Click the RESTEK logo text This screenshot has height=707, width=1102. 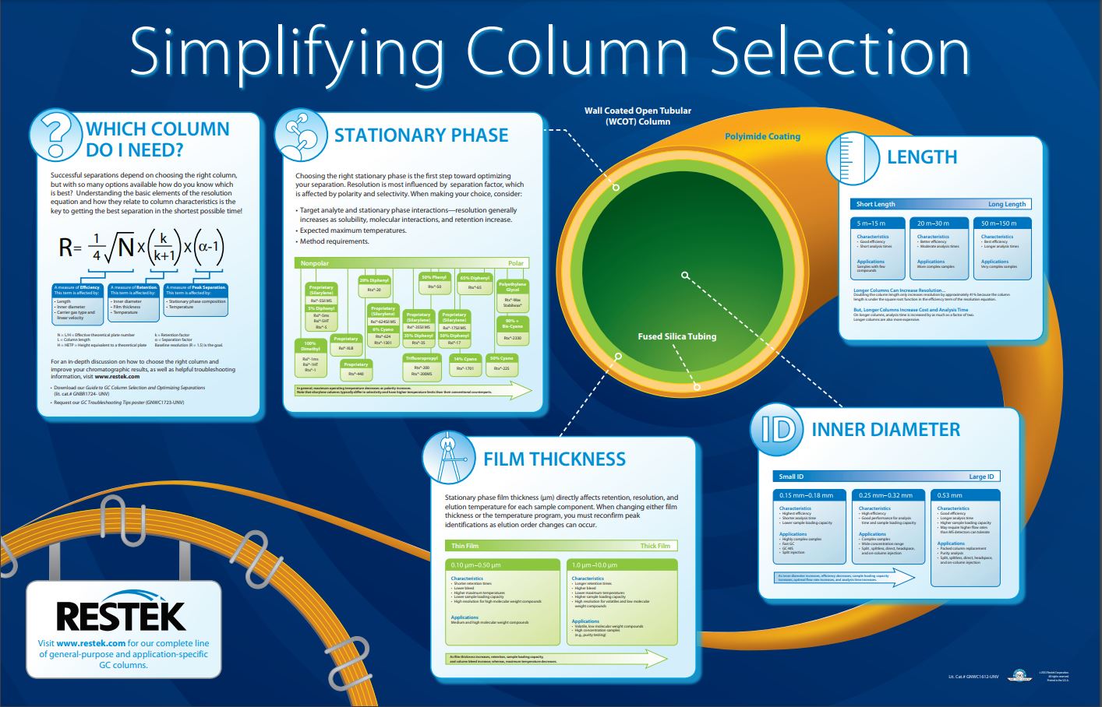pyautogui.click(x=121, y=616)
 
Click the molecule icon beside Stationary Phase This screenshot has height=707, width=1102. pyautogui.click(x=301, y=134)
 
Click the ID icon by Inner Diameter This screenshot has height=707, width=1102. pyautogui.click(x=776, y=429)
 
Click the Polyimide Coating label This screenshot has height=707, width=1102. pyautogui.click(x=762, y=136)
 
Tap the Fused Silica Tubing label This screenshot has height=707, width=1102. pyautogui.click(x=676, y=336)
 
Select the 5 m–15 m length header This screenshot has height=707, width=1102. pyautogui.click(x=877, y=223)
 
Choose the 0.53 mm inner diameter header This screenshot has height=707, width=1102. pyautogui.click(x=949, y=495)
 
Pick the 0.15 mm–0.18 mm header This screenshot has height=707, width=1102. pyautogui.click(x=807, y=495)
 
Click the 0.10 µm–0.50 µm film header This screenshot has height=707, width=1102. pyautogui.click(x=476, y=565)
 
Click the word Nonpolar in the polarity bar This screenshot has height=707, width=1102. pyautogui.click(x=314, y=263)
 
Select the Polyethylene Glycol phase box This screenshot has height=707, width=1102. pyautogui.click(x=512, y=287)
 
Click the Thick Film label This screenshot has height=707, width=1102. pyautogui.click(x=655, y=546)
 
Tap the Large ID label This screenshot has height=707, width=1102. pyautogui.click(x=981, y=477)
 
